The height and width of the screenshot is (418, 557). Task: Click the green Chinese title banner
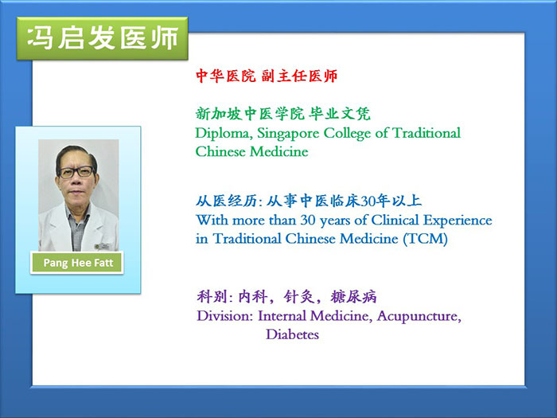point(103,38)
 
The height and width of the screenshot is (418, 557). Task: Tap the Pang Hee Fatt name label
point(77,263)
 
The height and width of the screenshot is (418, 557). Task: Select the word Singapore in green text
point(287,134)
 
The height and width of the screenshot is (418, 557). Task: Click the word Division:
point(224,315)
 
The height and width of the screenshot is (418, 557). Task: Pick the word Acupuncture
point(419,316)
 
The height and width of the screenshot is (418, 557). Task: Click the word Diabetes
point(292,334)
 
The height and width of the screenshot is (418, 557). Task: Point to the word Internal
point(282,315)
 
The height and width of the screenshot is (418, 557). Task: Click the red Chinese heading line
point(267,76)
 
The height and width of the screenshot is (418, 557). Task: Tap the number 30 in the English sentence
point(308,221)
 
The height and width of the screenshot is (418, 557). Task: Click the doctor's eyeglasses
point(76,173)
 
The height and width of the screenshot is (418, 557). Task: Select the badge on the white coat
point(103,246)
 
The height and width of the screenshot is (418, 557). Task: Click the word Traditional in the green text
point(427,133)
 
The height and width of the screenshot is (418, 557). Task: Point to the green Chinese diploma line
point(282,114)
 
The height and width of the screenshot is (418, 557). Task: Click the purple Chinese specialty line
point(286,296)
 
